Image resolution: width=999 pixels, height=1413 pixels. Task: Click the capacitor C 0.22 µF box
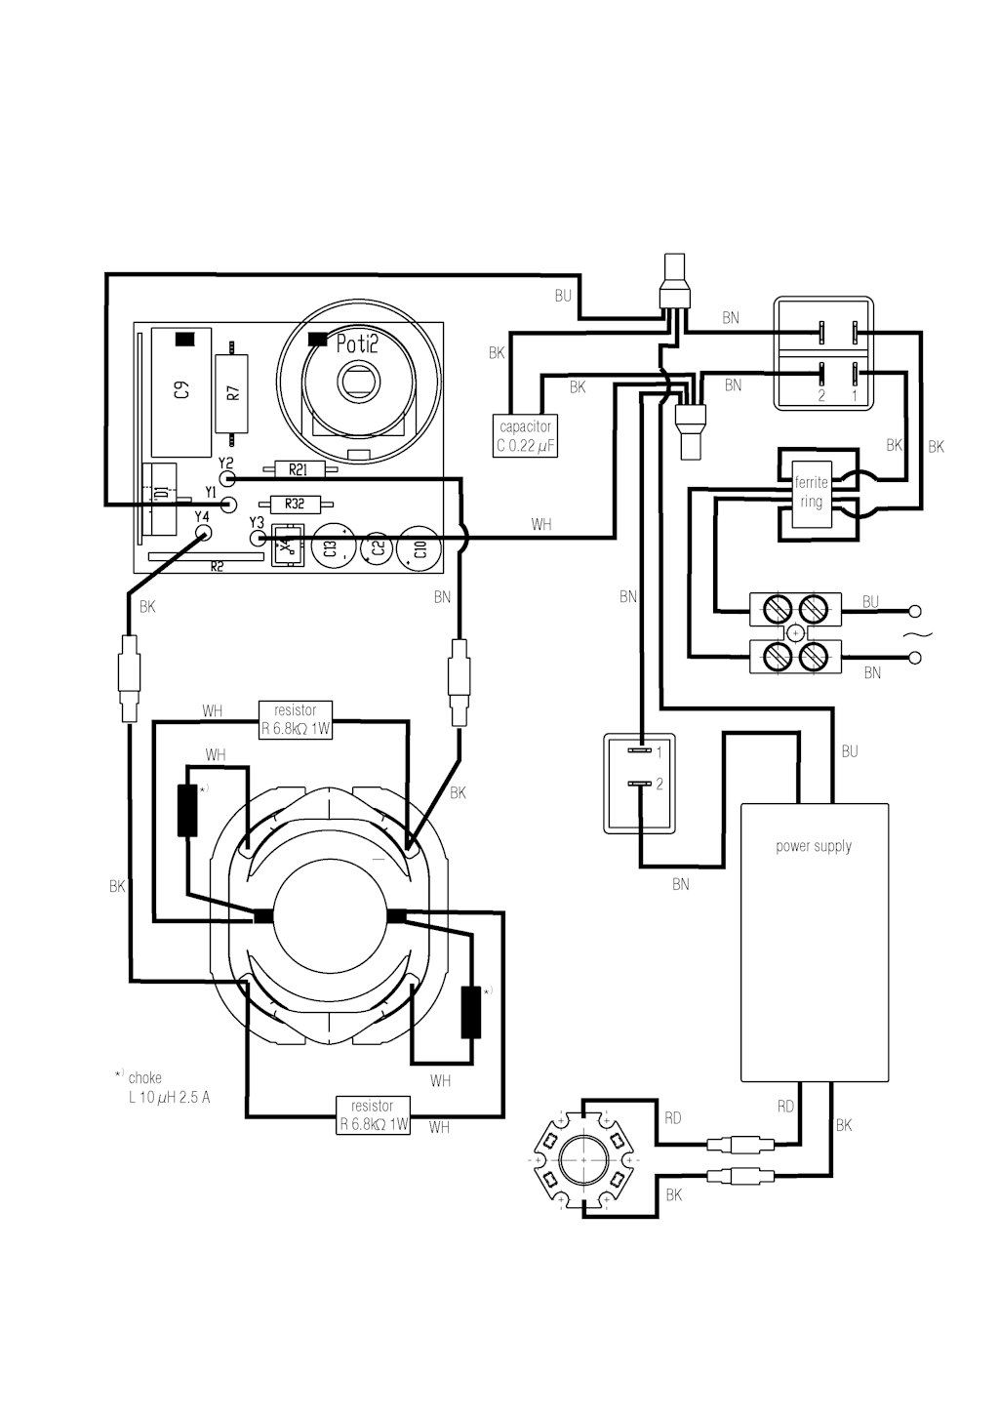(x=526, y=435)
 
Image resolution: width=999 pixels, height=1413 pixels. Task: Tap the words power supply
(x=814, y=846)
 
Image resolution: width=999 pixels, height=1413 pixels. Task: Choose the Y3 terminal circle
(x=258, y=538)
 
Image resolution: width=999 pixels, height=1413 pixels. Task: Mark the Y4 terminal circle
(x=203, y=534)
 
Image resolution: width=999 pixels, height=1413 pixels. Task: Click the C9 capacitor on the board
(x=181, y=391)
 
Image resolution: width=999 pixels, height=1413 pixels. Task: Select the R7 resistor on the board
(x=231, y=393)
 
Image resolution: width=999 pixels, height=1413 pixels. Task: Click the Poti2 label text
(x=357, y=343)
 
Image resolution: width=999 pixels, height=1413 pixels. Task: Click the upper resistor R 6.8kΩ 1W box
(x=296, y=720)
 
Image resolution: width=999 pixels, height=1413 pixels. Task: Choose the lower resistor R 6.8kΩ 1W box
(x=373, y=1115)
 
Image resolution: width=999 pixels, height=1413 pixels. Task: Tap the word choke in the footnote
(x=145, y=1077)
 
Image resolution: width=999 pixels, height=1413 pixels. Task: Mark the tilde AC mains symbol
(x=912, y=634)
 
